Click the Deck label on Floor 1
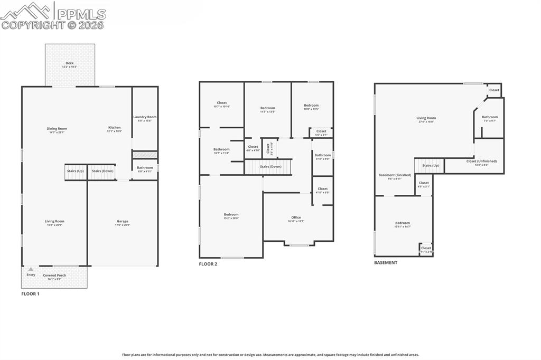coord(70,63)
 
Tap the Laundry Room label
coord(145,117)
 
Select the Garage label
coord(123,222)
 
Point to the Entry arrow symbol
coord(31,269)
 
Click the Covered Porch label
coord(54,276)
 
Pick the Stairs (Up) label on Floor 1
coord(75,171)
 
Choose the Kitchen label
coord(115,128)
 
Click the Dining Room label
coord(57,129)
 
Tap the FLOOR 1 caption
coord(30,293)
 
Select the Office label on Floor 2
coord(296,218)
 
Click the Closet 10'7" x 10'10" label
coord(222,103)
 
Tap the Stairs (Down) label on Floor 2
coord(270,167)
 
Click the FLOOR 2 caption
coord(208,264)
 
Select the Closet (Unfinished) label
coord(481,162)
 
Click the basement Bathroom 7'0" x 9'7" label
coord(490,118)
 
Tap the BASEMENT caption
coord(386,262)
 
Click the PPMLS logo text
coord(81,14)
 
